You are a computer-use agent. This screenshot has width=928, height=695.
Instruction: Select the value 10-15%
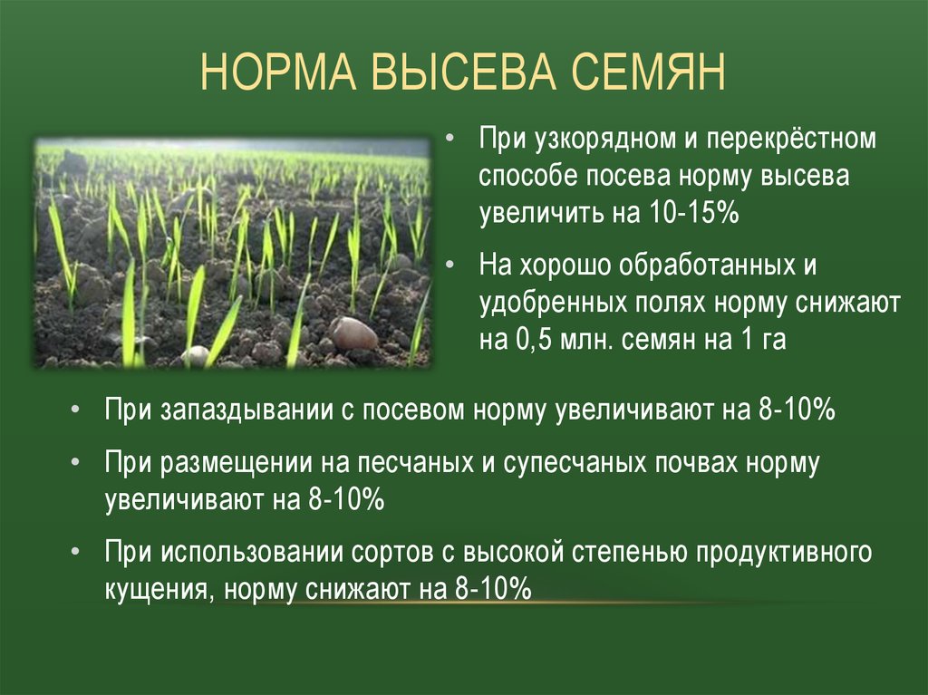tap(694, 213)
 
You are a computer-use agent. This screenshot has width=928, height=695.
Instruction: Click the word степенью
tap(630, 553)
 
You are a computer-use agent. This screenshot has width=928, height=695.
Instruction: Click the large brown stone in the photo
tap(354, 333)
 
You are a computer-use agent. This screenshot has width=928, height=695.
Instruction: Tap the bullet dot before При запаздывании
tap(74, 410)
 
